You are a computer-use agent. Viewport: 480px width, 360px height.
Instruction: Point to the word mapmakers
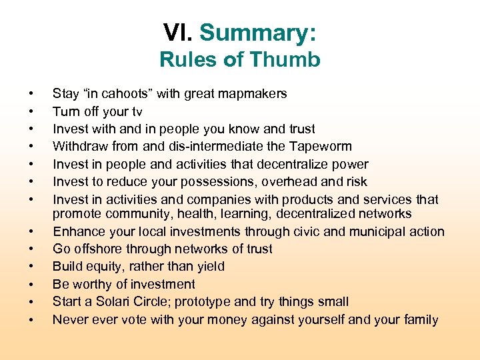[x=255, y=94]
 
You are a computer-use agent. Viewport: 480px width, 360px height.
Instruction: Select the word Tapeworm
[x=323, y=147]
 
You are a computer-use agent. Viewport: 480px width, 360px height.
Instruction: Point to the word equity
[x=101, y=267]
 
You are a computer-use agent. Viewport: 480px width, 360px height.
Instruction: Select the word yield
[x=208, y=267]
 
